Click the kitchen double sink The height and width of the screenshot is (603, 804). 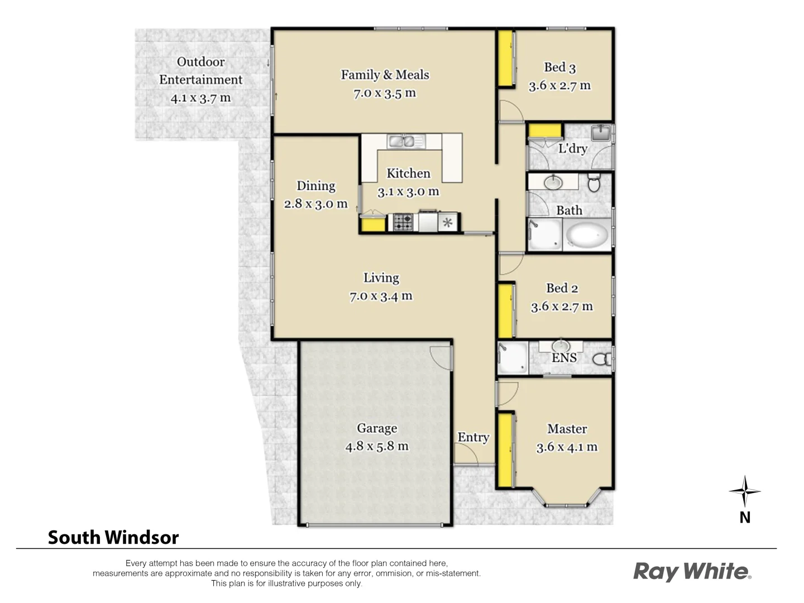pyautogui.click(x=406, y=141)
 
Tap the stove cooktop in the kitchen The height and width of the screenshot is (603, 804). pyautogui.click(x=403, y=222)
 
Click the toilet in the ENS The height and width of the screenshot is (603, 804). pyautogui.click(x=602, y=358)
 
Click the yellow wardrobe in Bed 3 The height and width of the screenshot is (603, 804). pyautogui.click(x=506, y=59)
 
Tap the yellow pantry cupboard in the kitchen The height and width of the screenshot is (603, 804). pyautogui.click(x=373, y=224)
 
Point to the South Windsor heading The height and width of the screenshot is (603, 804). pyautogui.click(x=113, y=537)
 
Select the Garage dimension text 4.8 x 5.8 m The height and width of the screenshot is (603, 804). pyautogui.click(x=377, y=447)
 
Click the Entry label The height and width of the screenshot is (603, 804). pyautogui.click(x=473, y=438)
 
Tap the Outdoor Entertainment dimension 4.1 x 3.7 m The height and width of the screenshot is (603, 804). pyautogui.click(x=200, y=98)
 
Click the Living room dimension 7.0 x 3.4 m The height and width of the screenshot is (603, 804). pyautogui.click(x=381, y=296)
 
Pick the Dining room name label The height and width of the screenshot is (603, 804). pyautogui.click(x=316, y=186)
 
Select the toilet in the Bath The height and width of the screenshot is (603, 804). pyautogui.click(x=594, y=183)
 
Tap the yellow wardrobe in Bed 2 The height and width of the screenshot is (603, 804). pyautogui.click(x=506, y=311)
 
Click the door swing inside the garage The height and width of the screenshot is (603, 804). pyautogui.click(x=441, y=357)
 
